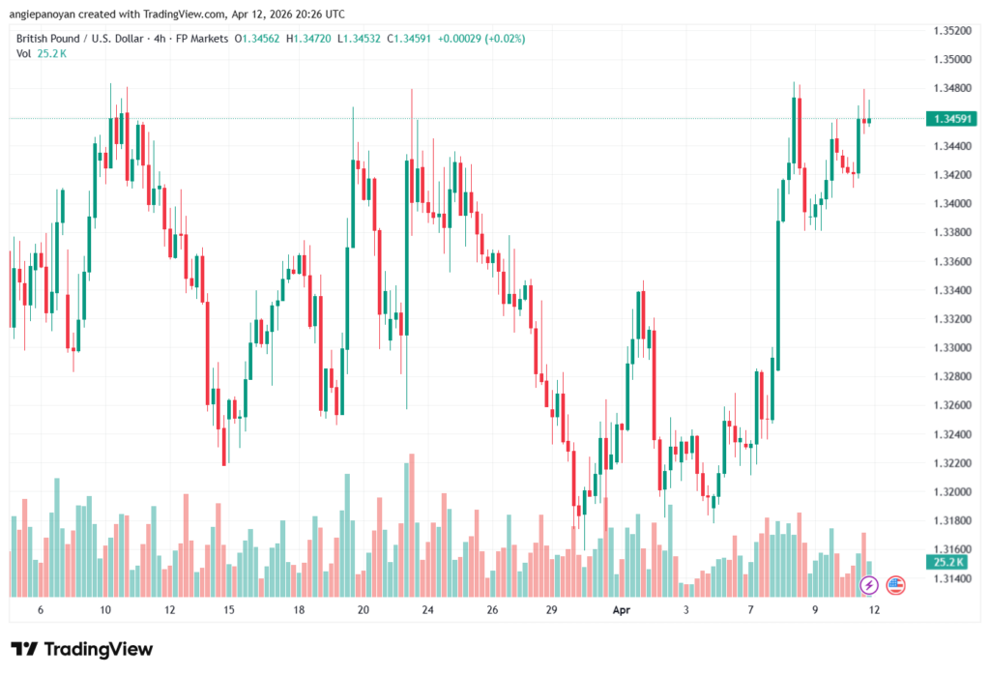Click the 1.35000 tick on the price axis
pyautogui.click(x=952, y=59)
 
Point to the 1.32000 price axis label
pyautogui.click(x=952, y=491)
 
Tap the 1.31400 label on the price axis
pyautogui.click(x=952, y=578)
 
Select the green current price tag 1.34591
pyautogui.click(x=952, y=119)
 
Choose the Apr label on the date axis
pyautogui.click(x=621, y=610)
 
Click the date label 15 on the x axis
pyautogui.click(x=229, y=610)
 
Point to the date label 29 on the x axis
pyautogui.click(x=551, y=610)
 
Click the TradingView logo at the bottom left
pyautogui.click(x=81, y=649)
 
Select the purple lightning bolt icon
pyautogui.click(x=869, y=584)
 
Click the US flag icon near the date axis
pyautogui.click(x=895, y=584)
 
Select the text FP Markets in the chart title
pyautogui.click(x=197, y=39)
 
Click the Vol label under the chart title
pyautogui.click(x=24, y=53)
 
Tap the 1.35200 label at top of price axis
pyautogui.click(x=952, y=30)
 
